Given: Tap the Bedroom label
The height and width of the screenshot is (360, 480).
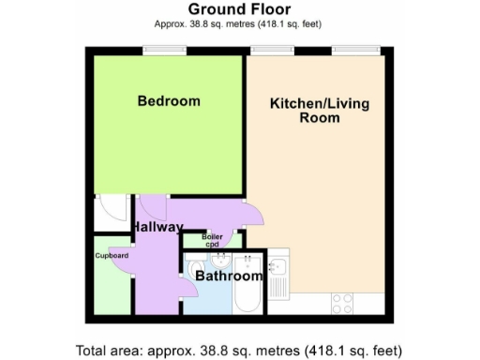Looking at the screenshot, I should pos(169,101).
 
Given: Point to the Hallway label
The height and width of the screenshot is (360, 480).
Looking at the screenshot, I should pos(157,228).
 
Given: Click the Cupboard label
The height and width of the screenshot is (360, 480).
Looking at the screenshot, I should pos(112,255).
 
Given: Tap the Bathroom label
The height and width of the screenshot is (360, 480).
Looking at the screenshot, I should pos(229,277).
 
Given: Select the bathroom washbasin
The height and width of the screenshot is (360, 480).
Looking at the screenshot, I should pos(221,260).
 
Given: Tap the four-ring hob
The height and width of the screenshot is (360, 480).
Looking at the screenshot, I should pos(342,303).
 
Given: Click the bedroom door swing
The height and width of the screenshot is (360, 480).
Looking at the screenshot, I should pos(153,208).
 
